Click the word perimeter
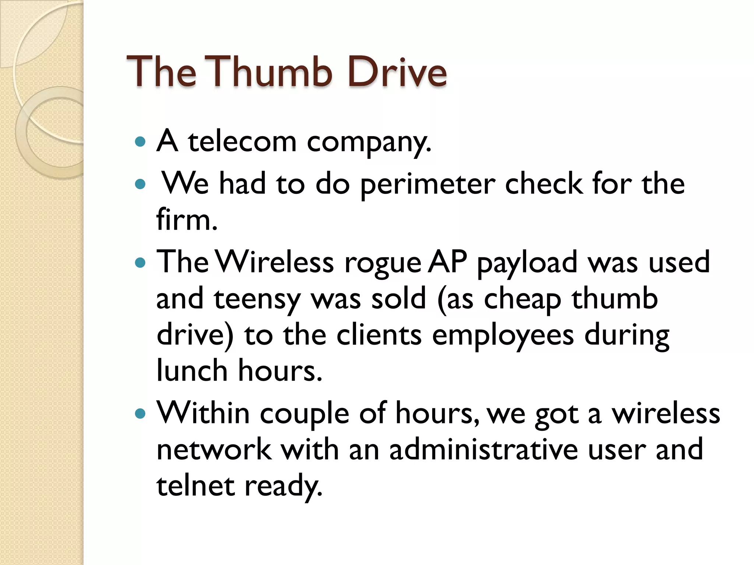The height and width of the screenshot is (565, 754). (427, 185)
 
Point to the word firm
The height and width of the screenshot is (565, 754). (187, 220)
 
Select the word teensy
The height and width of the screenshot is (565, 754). (257, 300)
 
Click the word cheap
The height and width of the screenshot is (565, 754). (522, 300)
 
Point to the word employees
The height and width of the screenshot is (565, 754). (503, 336)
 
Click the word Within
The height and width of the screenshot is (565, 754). (203, 413)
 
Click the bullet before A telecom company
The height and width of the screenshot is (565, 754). (140, 142)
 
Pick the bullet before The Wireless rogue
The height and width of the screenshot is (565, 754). (140, 263)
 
